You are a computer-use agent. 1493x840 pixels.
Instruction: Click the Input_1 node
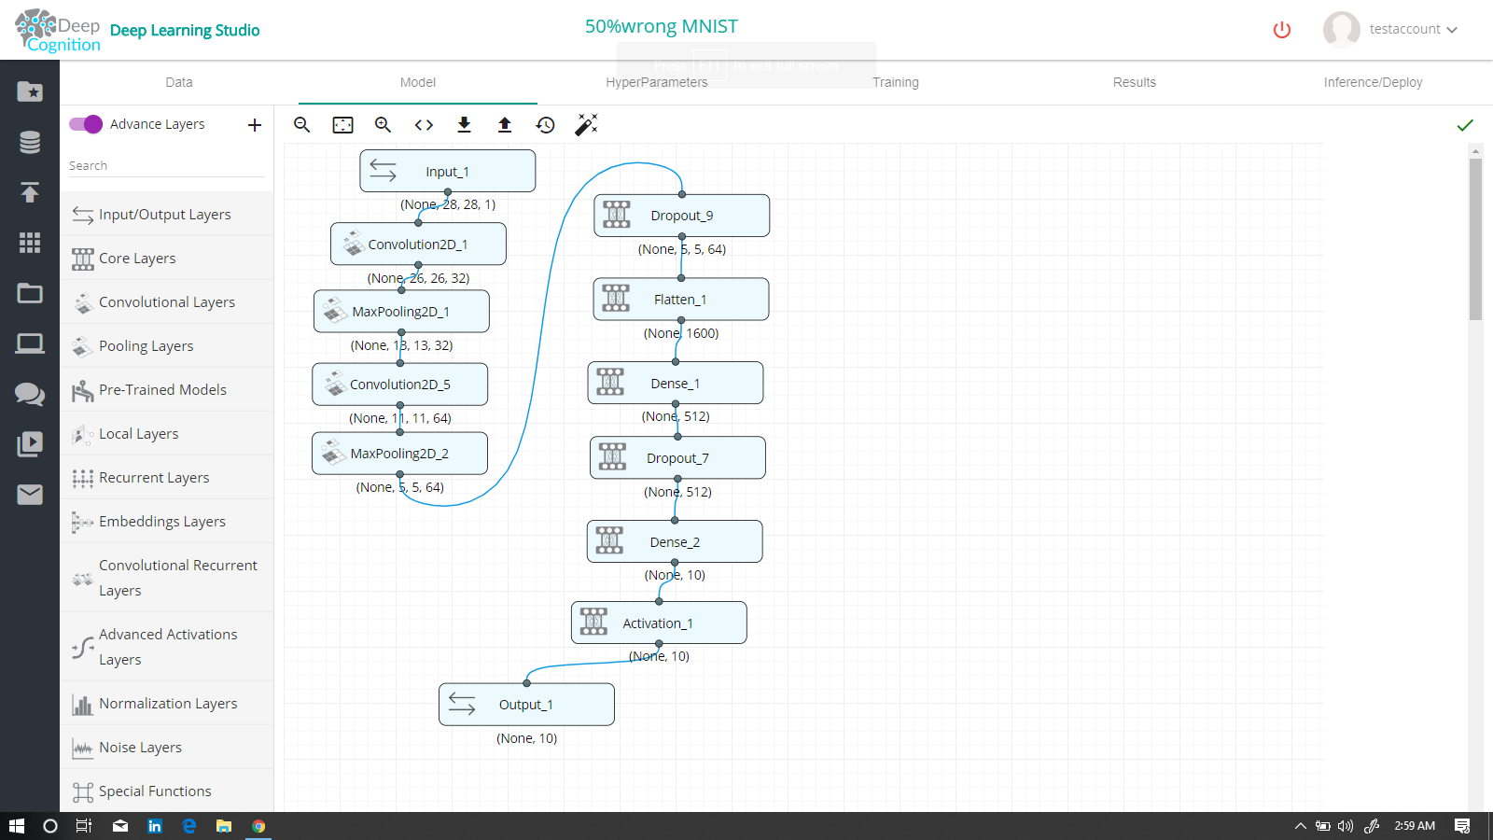(447, 172)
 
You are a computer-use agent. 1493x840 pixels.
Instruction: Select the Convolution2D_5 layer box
(399, 385)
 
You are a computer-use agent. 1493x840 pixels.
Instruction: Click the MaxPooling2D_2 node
(399, 454)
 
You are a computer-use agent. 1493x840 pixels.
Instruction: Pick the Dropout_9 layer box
(681, 216)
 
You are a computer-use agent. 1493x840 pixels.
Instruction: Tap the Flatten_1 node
(680, 300)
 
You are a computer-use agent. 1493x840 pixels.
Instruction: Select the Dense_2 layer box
(674, 542)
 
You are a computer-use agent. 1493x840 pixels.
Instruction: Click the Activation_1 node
(658, 623)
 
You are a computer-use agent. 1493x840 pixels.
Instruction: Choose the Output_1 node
(525, 705)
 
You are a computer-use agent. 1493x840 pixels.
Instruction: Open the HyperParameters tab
(656, 82)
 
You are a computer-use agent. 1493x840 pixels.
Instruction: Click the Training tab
(895, 82)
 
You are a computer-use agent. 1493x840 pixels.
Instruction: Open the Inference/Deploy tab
(1373, 82)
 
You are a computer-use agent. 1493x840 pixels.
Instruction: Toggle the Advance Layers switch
(86, 124)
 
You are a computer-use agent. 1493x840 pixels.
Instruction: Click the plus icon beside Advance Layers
(255, 125)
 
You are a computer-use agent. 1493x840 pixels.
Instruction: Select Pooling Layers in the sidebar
(147, 346)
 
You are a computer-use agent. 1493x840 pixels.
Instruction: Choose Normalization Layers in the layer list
(168, 704)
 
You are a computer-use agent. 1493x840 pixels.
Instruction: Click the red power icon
(1282, 30)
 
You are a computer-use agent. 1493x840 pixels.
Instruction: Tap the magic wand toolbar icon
(586, 125)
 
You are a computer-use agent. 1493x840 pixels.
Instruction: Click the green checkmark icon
(1465, 125)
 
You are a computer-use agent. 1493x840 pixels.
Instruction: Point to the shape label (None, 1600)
(681, 333)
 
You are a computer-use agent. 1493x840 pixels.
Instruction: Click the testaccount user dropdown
(1412, 29)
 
